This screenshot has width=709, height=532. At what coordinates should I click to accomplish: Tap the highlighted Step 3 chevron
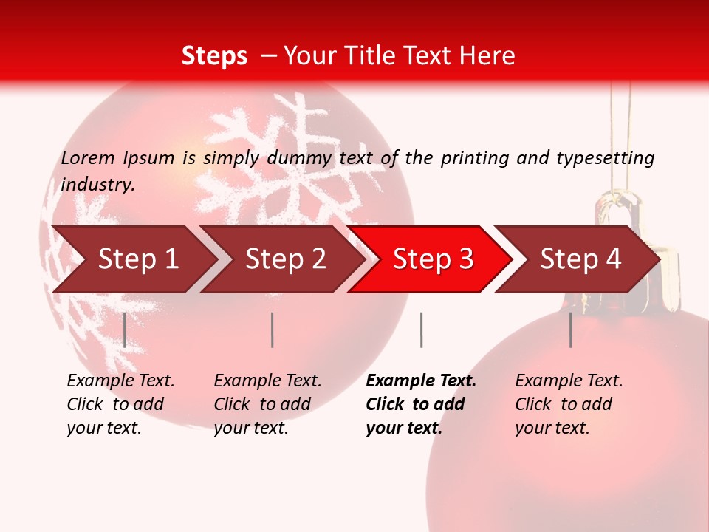(x=433, y=259)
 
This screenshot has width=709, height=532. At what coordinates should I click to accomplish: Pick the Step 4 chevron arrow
(x=580, y=259)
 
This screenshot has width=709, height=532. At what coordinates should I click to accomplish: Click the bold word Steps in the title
(x=214, y=55)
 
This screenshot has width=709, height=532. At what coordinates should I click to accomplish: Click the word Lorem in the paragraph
(x=88, y=157)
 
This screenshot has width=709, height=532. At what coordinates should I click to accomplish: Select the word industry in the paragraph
(x=97, y=184)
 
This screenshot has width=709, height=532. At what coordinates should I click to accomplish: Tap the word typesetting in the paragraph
(x=605, y=158)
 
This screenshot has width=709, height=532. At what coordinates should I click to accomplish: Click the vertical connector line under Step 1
(x=124, y=330)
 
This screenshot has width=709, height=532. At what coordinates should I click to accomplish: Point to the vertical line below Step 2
(x=272, y=330)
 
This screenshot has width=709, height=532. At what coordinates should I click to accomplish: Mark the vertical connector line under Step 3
(x=421, y=330)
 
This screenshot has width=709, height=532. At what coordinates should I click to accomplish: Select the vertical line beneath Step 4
(x=570, y=330)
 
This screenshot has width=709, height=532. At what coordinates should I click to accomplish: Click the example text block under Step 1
(x=120, y=404)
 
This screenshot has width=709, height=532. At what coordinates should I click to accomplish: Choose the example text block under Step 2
(x=267, y=404)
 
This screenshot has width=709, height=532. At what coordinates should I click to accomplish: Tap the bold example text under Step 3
(x=421, y=404)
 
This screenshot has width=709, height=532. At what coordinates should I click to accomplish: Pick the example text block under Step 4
(x=569, y=404)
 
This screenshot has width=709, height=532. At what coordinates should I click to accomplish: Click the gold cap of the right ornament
(x=624, y=214)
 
